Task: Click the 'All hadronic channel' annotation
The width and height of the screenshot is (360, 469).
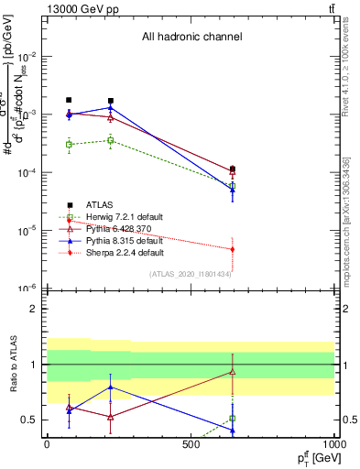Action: pos(191,38)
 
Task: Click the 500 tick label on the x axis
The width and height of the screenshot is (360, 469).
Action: pos(191,443)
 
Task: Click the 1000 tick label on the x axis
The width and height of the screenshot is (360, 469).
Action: pos(333,443)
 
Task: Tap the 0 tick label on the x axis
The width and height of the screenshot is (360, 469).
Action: pos(47,443)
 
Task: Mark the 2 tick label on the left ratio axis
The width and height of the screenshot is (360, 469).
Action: pos(32,309)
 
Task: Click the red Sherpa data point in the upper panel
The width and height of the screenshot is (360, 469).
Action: pos(233,249)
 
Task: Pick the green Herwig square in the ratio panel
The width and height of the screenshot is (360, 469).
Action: pos(233,419)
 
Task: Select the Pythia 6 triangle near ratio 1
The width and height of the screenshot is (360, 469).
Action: pos(233,372)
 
